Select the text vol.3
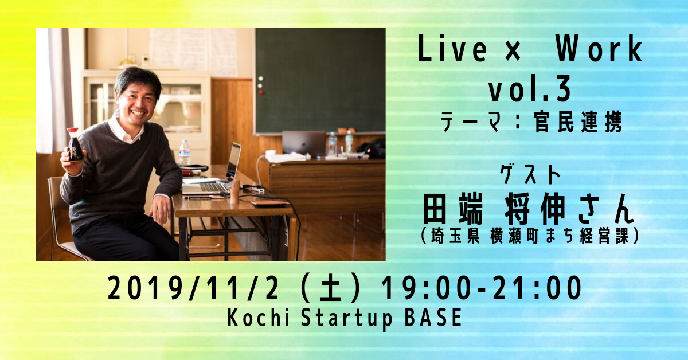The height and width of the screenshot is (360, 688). click(530, 88)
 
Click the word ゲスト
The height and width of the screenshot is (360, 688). click(530, 174)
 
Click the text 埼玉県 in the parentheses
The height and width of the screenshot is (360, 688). click(455, 236)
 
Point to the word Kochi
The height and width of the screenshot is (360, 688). click(259, 318)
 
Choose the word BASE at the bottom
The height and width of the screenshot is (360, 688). click(433, 318)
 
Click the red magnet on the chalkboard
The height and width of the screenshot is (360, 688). click(261, 92)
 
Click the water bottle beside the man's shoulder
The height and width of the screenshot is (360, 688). click(184, 152)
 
